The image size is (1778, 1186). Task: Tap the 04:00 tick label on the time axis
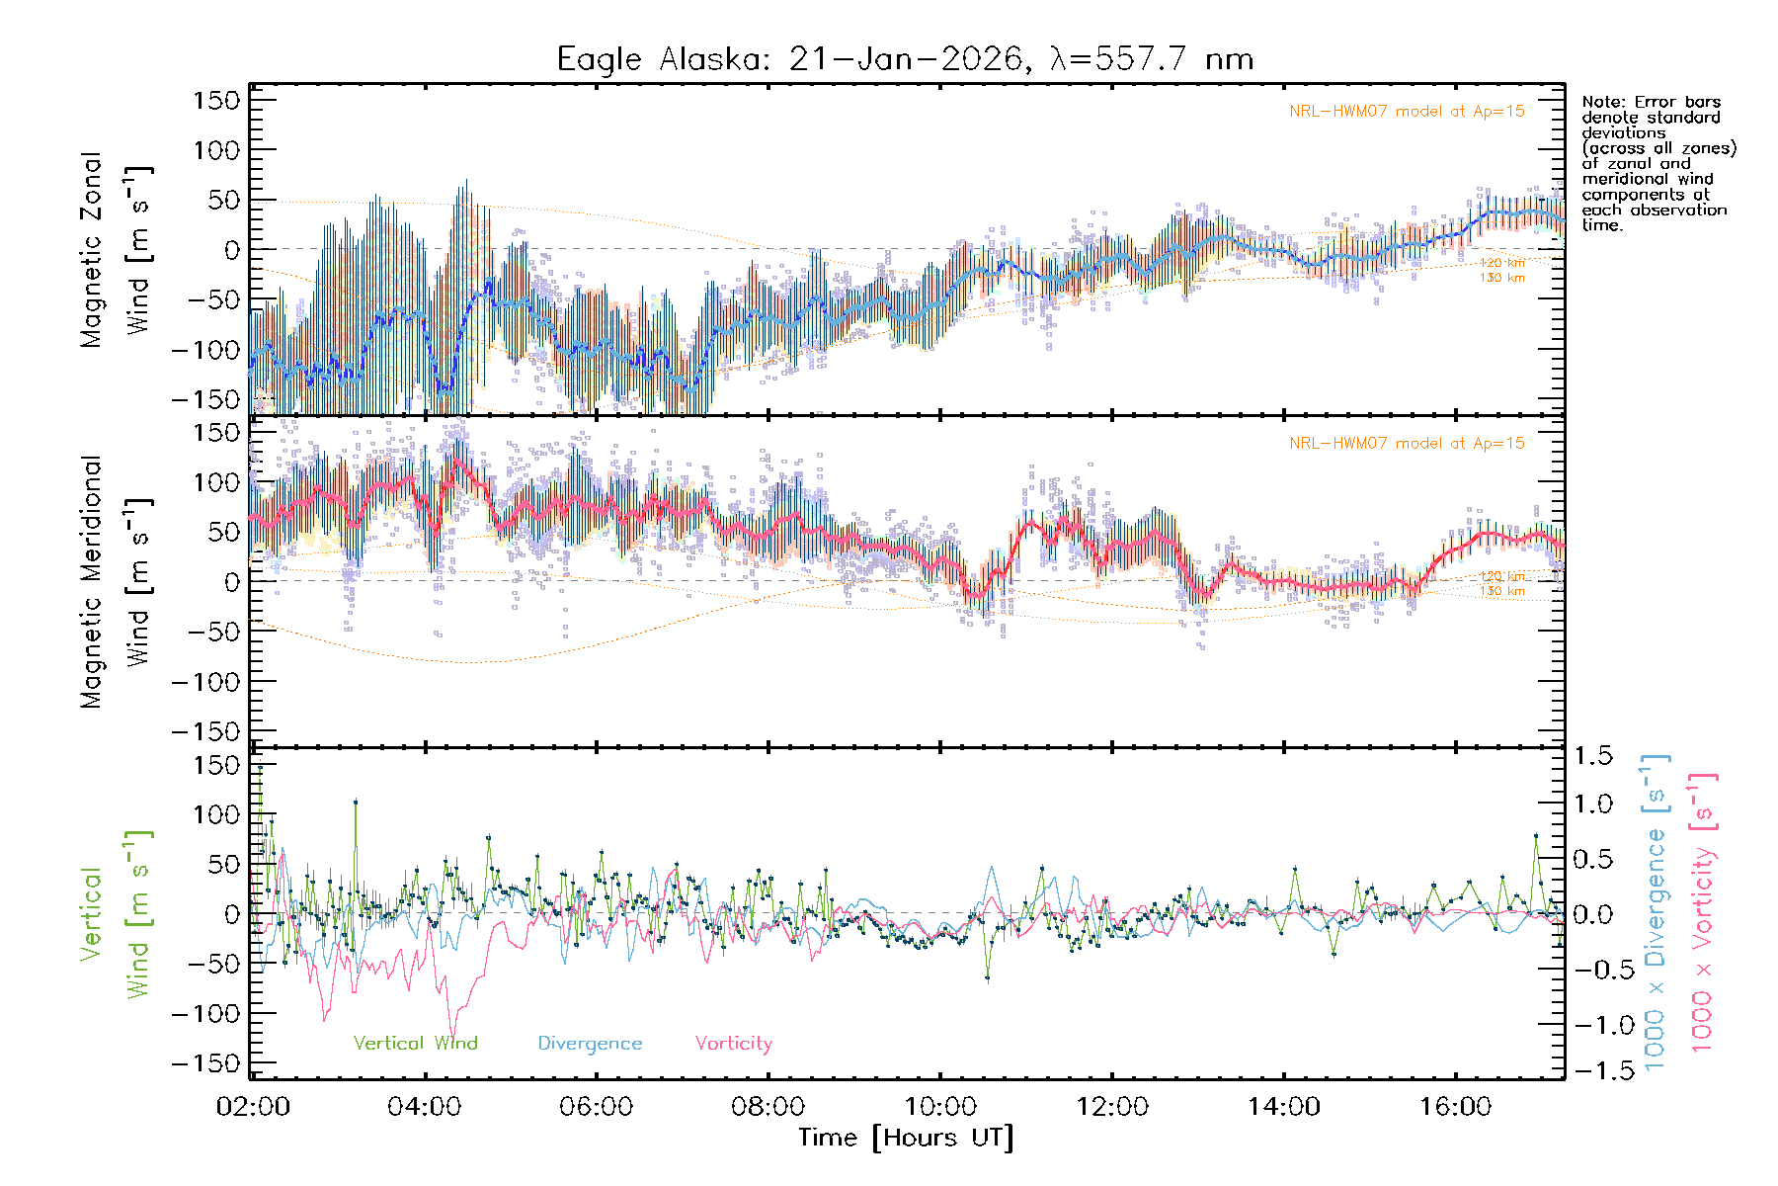pos(425,1107)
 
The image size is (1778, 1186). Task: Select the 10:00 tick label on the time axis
pos(940,1107)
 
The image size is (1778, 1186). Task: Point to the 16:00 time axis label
pos(1456,1107)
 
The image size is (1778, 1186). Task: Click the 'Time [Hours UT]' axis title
pos(906,1138)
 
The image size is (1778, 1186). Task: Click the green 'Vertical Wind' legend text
pos(415,1044)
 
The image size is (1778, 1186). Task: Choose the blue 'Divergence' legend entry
pos(590,1044)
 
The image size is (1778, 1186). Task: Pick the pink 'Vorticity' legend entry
pos(733,1044)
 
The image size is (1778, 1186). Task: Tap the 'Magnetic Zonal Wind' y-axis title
pos(117,250)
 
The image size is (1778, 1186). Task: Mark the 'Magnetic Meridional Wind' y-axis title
pos(117,582)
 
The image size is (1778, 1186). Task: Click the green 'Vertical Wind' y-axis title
pos(117,914)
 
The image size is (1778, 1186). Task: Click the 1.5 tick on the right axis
pos(1592,756)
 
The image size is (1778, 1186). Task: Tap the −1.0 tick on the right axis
pos(1592,1025)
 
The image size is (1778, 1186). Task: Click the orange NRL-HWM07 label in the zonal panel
pos(1407,112)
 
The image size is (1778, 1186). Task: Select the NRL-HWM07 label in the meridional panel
pos(1407,444)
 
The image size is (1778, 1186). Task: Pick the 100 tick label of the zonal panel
pos(216,150)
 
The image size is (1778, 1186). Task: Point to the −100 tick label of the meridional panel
pos(205,682)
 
